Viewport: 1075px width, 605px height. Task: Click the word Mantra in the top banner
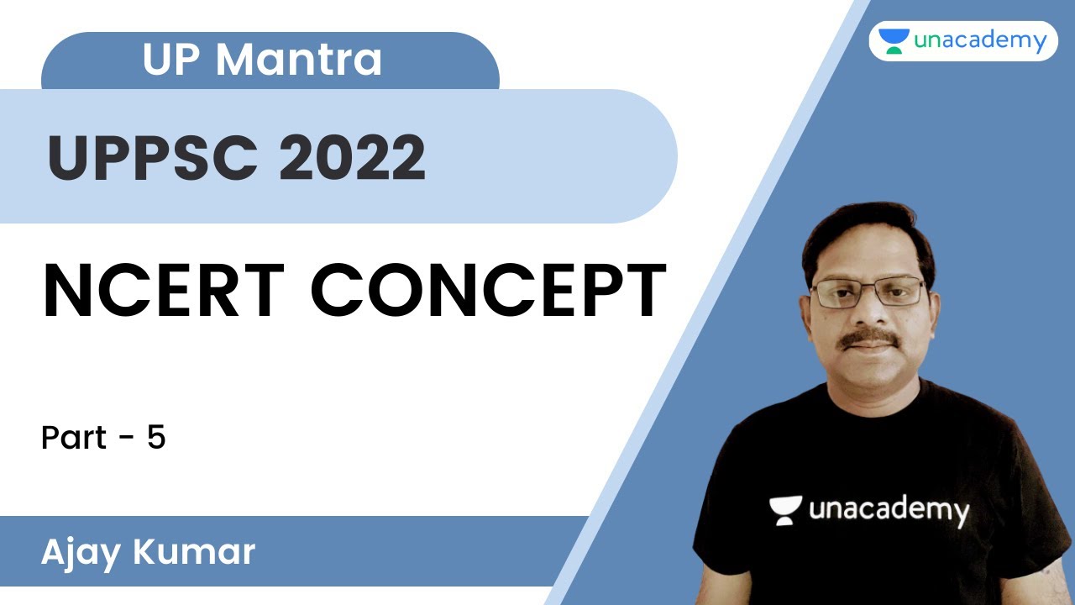pyautogui.click(x=298, y=60)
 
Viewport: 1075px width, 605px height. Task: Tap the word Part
pyautogui.click(x=74, y=438)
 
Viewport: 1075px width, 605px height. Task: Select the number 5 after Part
pyautogui.click(x=156, y=438)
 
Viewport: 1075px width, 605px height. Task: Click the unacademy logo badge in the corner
pyautogui.click(x=962, y=40)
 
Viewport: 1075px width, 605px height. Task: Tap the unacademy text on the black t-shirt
pyautogui.click(x=889, y=509)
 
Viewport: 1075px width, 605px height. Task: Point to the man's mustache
pyautogui.click(x=870, y=338)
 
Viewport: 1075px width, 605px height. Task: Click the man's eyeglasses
pyautogui.click(x=868, y=292)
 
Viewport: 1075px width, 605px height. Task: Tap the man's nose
pyautogui.click(x=870, y=313)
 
